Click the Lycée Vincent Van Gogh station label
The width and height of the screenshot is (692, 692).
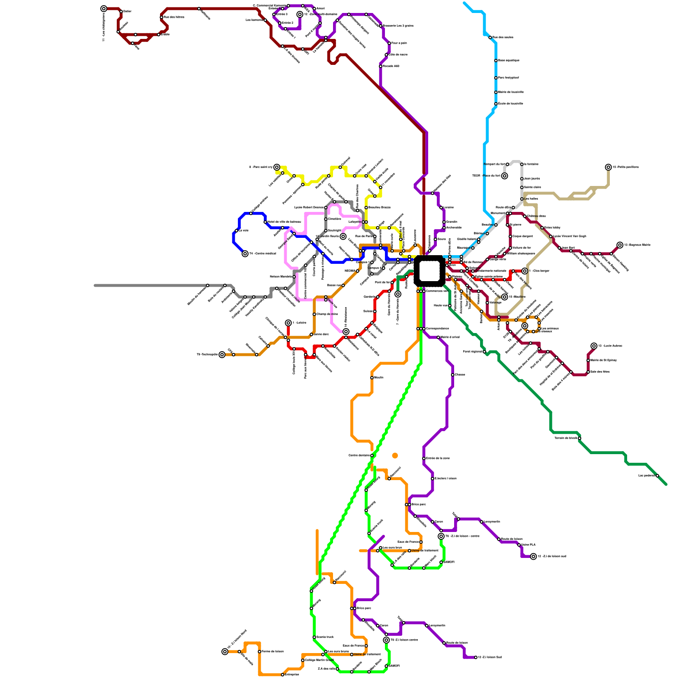pyautogui.click(x=570, y=236)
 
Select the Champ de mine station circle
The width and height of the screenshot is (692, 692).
pyautogui.click(x=314, y=314)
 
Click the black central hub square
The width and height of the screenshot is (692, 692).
pyautogui.click(x=429, y=271)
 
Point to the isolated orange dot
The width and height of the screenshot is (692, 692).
pyautogui.click(x=395, y=455)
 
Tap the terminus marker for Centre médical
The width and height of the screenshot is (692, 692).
pyautogui.click(x=245, y=254)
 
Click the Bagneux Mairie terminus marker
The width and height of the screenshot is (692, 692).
pyautogui.click(x=620, y=245)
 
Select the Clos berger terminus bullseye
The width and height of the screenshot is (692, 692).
pyautogui.click(x=525, y=271)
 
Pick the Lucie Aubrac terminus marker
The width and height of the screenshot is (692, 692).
pyautogui.click(x=594, y=346)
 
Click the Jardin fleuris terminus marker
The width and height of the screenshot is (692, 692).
pyautogui.click(x=343, y=237)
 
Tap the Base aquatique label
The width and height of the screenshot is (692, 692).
pyautogui.click(x=509, y=61)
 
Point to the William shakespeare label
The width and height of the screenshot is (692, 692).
pyautogui.click(x=521, y=253)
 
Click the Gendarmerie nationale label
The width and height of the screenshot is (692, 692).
pyautogui.click(x=490, y=271)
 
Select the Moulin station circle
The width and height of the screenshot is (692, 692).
pyautogui.click(x=372, y=378)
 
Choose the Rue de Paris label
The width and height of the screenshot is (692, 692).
pyautogui.click(x=364, y=236)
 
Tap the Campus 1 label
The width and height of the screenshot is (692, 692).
pyautogui.click(x=362, y=262)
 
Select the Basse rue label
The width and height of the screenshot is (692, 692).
pyautogui.click(x=334, y=285)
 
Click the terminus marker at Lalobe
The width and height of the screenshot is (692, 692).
pyautogui.click(x=288, y=323)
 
